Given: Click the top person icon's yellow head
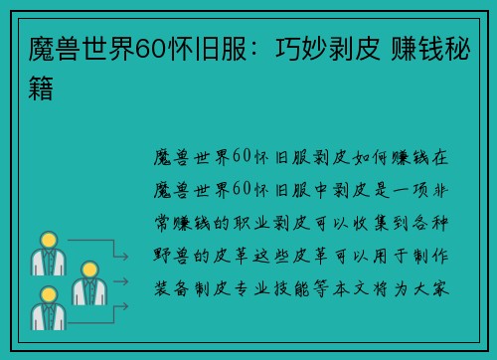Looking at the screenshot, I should click(47, 240).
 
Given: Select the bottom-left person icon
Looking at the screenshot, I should click(47, 308).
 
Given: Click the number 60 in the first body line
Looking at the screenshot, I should click(242, 156).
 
